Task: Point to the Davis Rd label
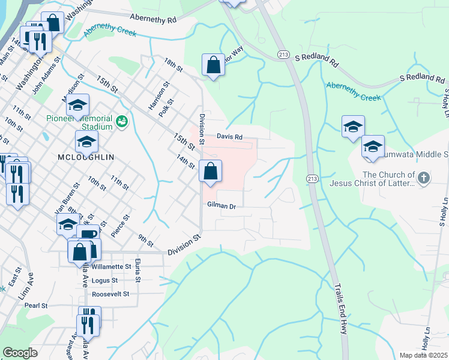click(229, 137)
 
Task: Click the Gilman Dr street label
click(221, 205)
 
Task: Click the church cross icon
click(423, 178)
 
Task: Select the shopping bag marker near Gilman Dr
click(211, 172)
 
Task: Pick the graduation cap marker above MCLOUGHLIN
click(86, 143)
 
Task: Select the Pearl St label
click(36, 305)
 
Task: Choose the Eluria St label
click(137, 271)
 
